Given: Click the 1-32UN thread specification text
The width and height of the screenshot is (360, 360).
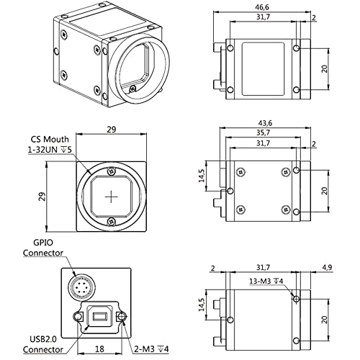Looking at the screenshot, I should [x=49, y=149].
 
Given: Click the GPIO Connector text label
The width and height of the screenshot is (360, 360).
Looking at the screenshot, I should [x=42, y=248].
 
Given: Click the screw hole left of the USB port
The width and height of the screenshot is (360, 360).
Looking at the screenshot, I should [x=77, y=318].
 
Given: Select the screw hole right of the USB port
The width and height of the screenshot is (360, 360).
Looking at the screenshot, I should [x=123, y=318].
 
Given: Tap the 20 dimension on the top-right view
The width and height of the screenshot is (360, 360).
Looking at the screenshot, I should [x=326, y=69].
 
